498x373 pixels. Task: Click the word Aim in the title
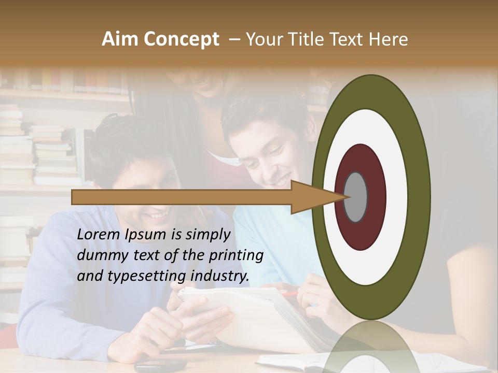pyautogui.click(x=121, y=39)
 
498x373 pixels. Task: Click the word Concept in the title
pyautogui.click(x=182, y=40)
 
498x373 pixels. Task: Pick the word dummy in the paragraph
pyautogui.click(x=102, y=255)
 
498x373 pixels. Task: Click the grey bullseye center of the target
pyautogui.click(x=355, y=197)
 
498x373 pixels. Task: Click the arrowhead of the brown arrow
pyautogui.click(x=311, y=197)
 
